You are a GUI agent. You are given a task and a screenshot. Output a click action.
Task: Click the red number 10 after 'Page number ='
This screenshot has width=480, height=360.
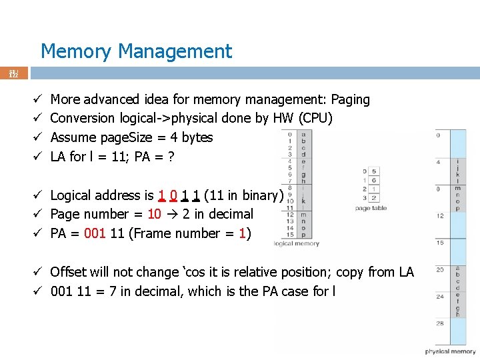(x=154, y=214)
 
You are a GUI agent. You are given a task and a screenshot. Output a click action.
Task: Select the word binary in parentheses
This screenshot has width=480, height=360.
(x=262, y=195)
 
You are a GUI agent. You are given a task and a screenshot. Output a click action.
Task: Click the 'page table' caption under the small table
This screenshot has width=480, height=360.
(x=371, y=208)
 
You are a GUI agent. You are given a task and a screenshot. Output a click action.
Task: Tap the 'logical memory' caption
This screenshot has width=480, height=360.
(x=297, y=244)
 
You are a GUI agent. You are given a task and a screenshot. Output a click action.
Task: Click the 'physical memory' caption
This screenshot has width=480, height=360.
(x=451, y=351)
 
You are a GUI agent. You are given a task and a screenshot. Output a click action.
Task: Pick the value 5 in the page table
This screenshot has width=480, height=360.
(x=374, y=171)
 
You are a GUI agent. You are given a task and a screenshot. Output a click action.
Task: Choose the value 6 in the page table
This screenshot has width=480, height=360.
(x=374, y=180)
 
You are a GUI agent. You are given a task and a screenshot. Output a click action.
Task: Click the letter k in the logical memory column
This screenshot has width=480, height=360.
(x=304, y=200)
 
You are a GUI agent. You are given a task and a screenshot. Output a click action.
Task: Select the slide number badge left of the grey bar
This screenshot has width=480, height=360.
(x=13, y=73)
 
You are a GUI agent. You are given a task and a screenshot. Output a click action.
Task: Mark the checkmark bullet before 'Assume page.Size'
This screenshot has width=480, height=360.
(x=39, y=137)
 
